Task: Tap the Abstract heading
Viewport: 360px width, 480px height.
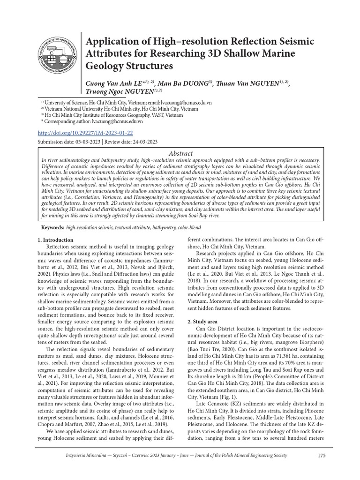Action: pyautogui.click(x=180, y=153)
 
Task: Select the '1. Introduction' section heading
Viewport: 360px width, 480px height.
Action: pyautogui.click(x=55, y=240)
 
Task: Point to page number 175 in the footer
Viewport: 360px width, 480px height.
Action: pyautogui.click(x=321, y=455)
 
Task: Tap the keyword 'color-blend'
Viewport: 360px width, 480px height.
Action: pyautogui.click(x=185, y=227)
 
